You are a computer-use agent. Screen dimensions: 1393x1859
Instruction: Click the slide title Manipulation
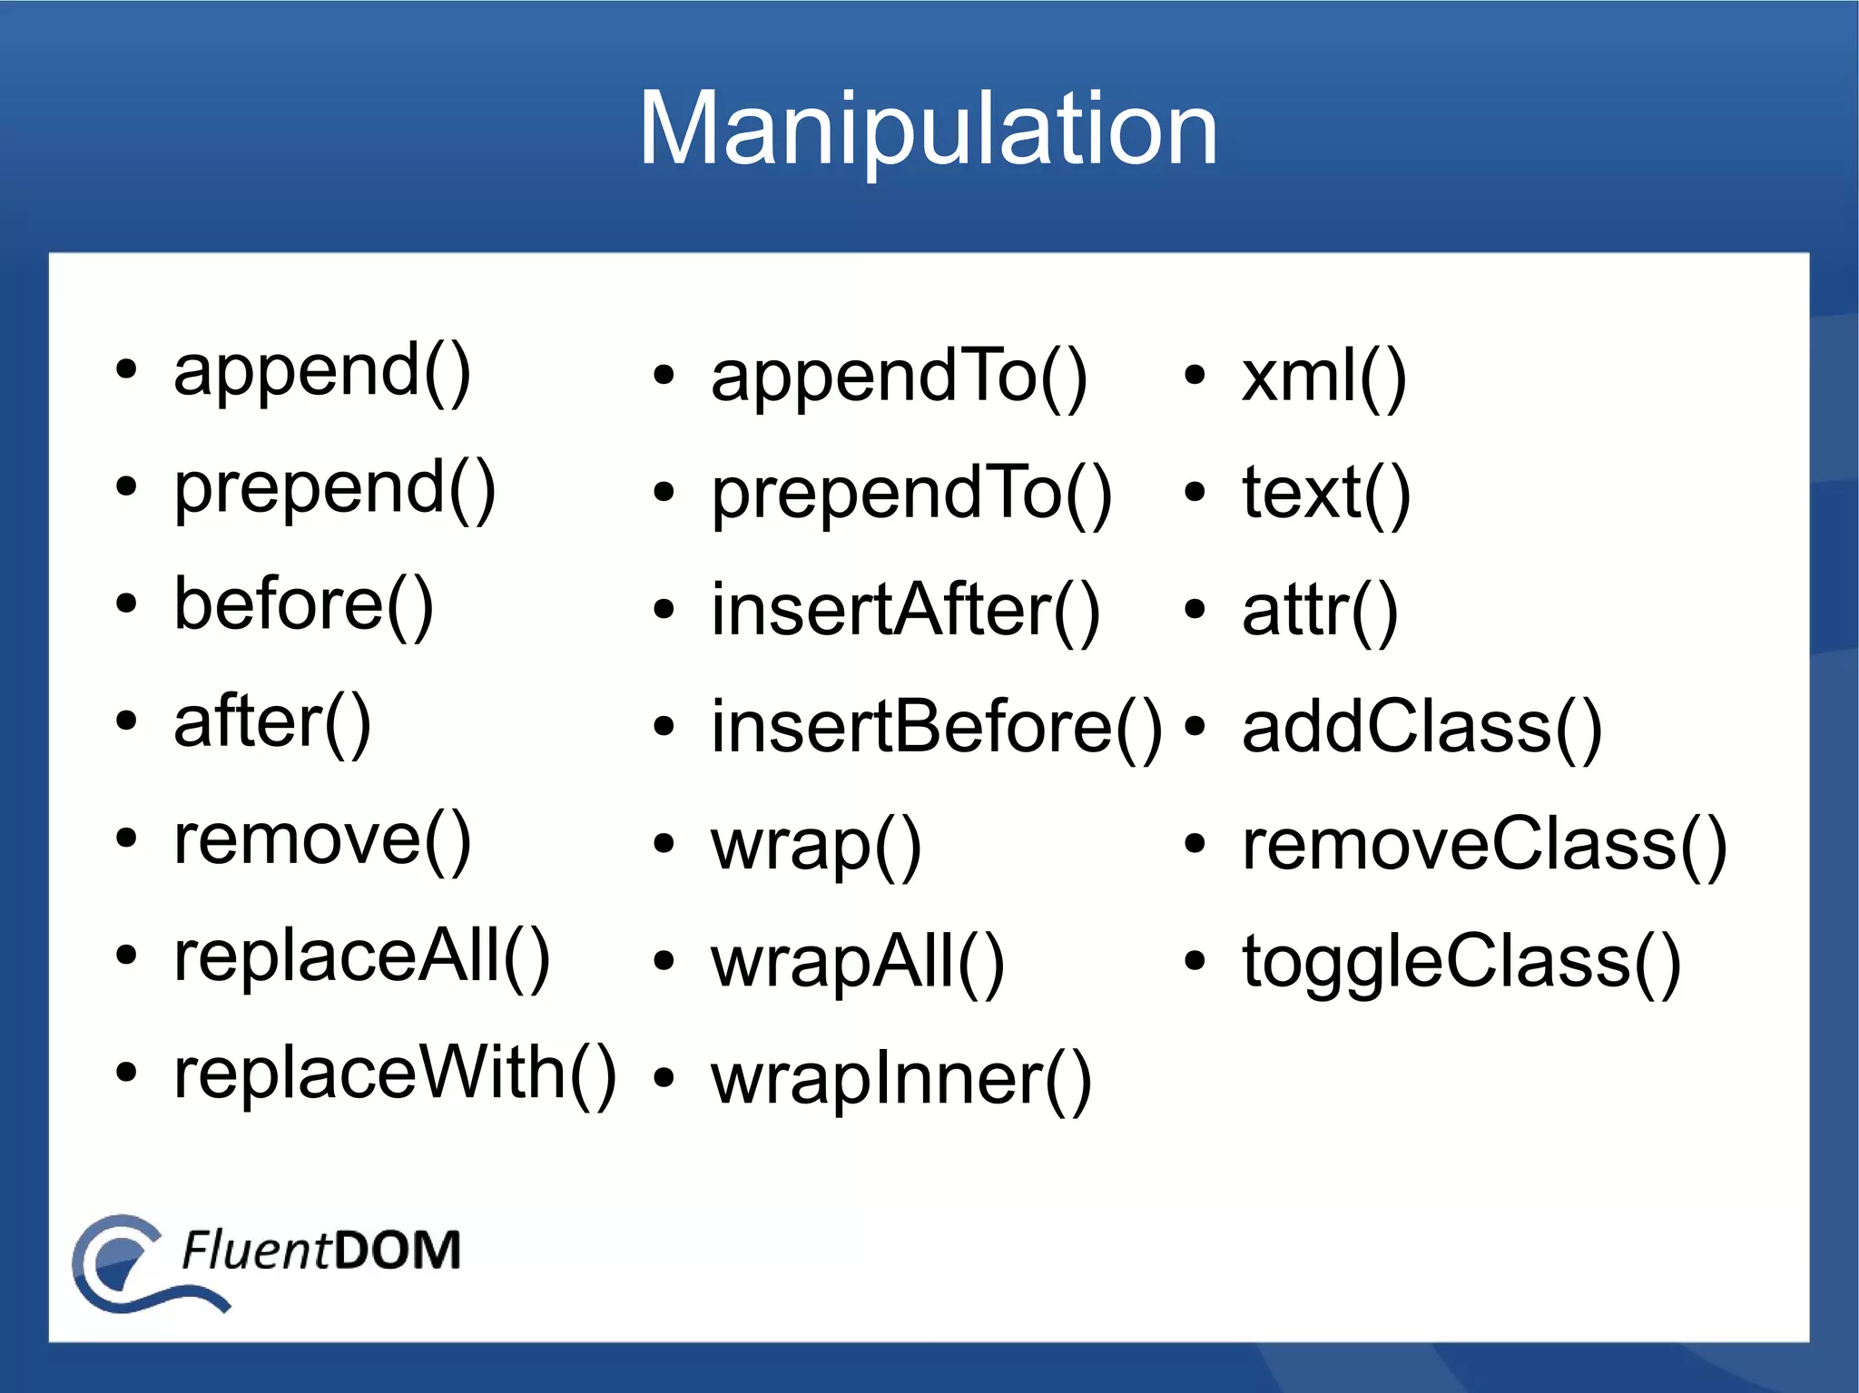928,129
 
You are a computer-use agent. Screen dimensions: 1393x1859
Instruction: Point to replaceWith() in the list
395,1073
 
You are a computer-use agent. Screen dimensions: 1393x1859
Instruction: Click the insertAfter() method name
905,610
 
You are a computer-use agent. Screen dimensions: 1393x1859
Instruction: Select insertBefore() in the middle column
936,727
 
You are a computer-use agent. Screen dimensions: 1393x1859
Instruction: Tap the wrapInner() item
900,1079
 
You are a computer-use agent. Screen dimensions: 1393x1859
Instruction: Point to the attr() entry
1319,610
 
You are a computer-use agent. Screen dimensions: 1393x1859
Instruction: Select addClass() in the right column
1421,727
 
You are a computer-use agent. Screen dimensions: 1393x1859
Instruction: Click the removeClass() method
1483,844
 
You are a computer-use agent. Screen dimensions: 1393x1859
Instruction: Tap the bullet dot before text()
1195,493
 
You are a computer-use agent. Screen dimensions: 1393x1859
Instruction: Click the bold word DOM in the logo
397,1251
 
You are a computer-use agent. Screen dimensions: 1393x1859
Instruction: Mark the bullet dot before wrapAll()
664,961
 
